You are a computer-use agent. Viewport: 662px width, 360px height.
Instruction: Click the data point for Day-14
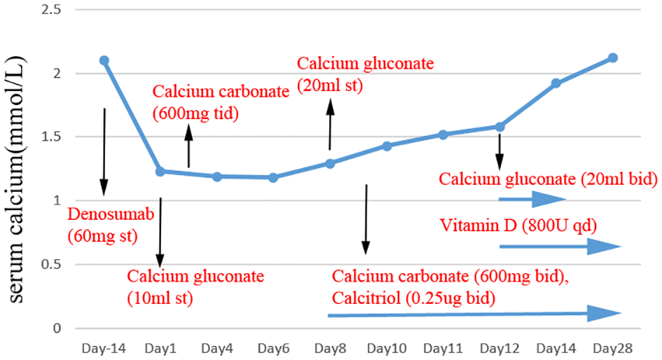pos(104,60)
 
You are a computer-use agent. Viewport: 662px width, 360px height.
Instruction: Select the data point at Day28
pos(612,57)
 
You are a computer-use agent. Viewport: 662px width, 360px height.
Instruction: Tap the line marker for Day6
pos(273,177)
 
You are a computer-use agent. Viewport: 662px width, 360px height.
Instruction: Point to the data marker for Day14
pos(556,83)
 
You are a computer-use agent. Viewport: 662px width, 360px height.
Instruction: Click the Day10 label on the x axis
pos(386,348)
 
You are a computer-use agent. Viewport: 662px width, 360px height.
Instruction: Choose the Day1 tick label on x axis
pos(160,348)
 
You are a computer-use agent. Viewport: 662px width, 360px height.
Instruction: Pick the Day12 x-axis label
pos(499,348)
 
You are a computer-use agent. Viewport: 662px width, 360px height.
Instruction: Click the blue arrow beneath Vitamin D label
pos(560,247)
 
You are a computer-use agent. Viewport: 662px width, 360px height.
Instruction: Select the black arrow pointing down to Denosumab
pos(104,151)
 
